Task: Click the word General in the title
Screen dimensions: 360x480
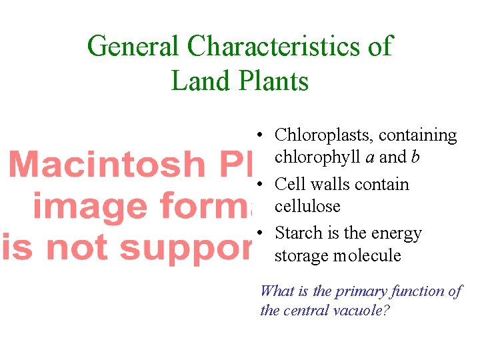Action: click(134, 47)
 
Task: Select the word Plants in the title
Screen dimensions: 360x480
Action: click(273, 81)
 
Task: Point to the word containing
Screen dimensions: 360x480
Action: click(418, 135)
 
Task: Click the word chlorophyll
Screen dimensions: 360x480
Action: click(317, 157)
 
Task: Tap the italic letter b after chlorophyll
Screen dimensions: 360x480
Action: click(415, 157)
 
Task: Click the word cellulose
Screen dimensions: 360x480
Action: click(307, 206)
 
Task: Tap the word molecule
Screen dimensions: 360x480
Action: click(369, 255)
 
